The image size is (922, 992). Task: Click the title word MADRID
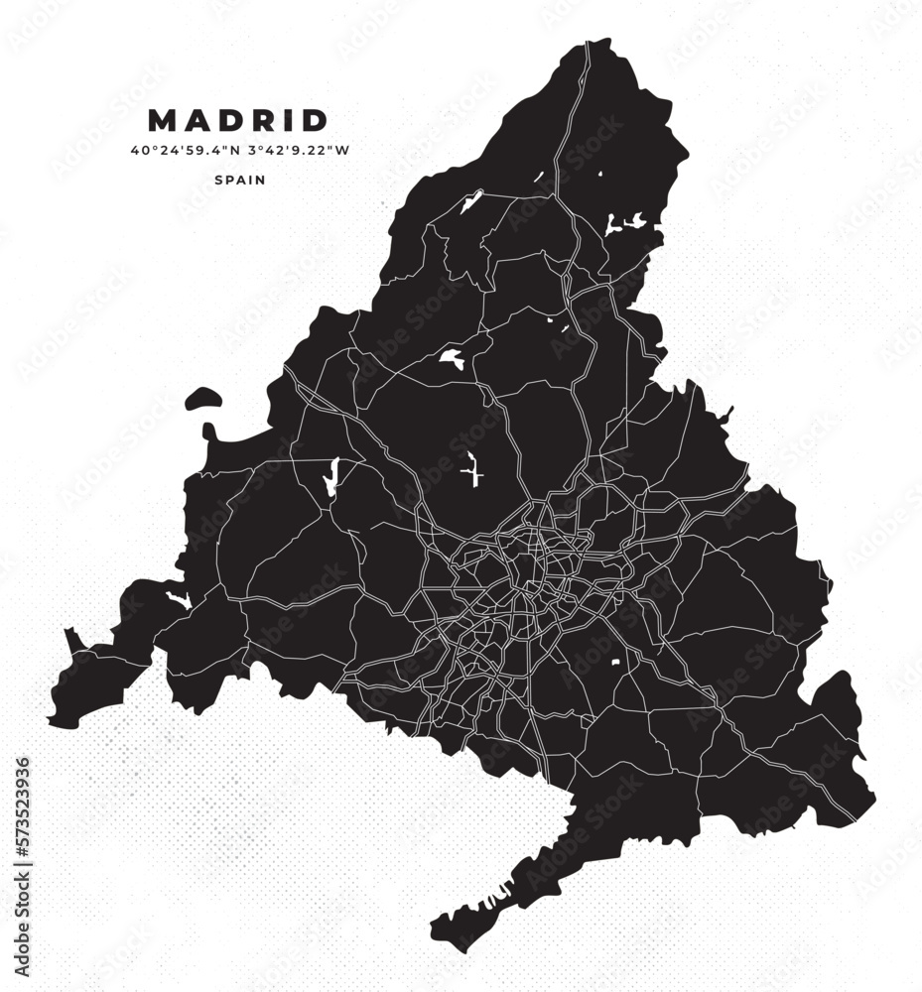[x=238, y=121]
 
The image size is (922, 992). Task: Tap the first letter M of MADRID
[x=162, y=121]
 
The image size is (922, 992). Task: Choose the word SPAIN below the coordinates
[x=238, y=181]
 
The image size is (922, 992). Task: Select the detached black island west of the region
[x=205, y=399]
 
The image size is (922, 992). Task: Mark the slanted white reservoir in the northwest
[x=470, y=202]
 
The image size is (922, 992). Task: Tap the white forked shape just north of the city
[x=472, y=468]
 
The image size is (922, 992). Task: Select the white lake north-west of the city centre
[x=452, y=358]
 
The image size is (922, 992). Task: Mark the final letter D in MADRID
[x=317, y=121]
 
